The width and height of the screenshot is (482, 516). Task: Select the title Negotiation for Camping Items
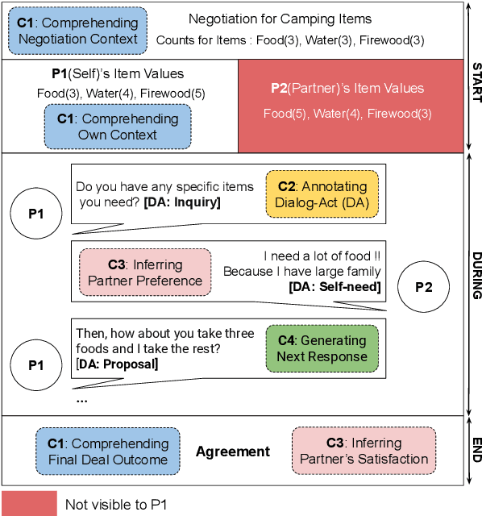[x=280, y=19]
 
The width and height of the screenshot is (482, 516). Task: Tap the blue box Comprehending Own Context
[x=118, y=127]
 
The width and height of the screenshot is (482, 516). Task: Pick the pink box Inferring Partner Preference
[x=146, y=273]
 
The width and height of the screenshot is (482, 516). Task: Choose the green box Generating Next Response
[x=322, y=348]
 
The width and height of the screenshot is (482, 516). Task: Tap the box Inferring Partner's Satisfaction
[x=364, y=451]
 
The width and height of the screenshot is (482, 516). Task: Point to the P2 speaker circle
[x=424, y=287]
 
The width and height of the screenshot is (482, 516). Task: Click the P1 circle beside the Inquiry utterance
[x=36, y=214]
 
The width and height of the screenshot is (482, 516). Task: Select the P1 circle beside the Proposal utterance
[x=36, y=364]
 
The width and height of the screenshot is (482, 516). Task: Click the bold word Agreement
[x=233, y=452]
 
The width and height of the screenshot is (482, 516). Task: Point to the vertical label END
[x=476, y=450]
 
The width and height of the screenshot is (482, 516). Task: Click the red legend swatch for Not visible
[x=29, y=504]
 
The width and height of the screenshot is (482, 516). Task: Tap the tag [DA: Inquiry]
[x=182, y=202]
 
